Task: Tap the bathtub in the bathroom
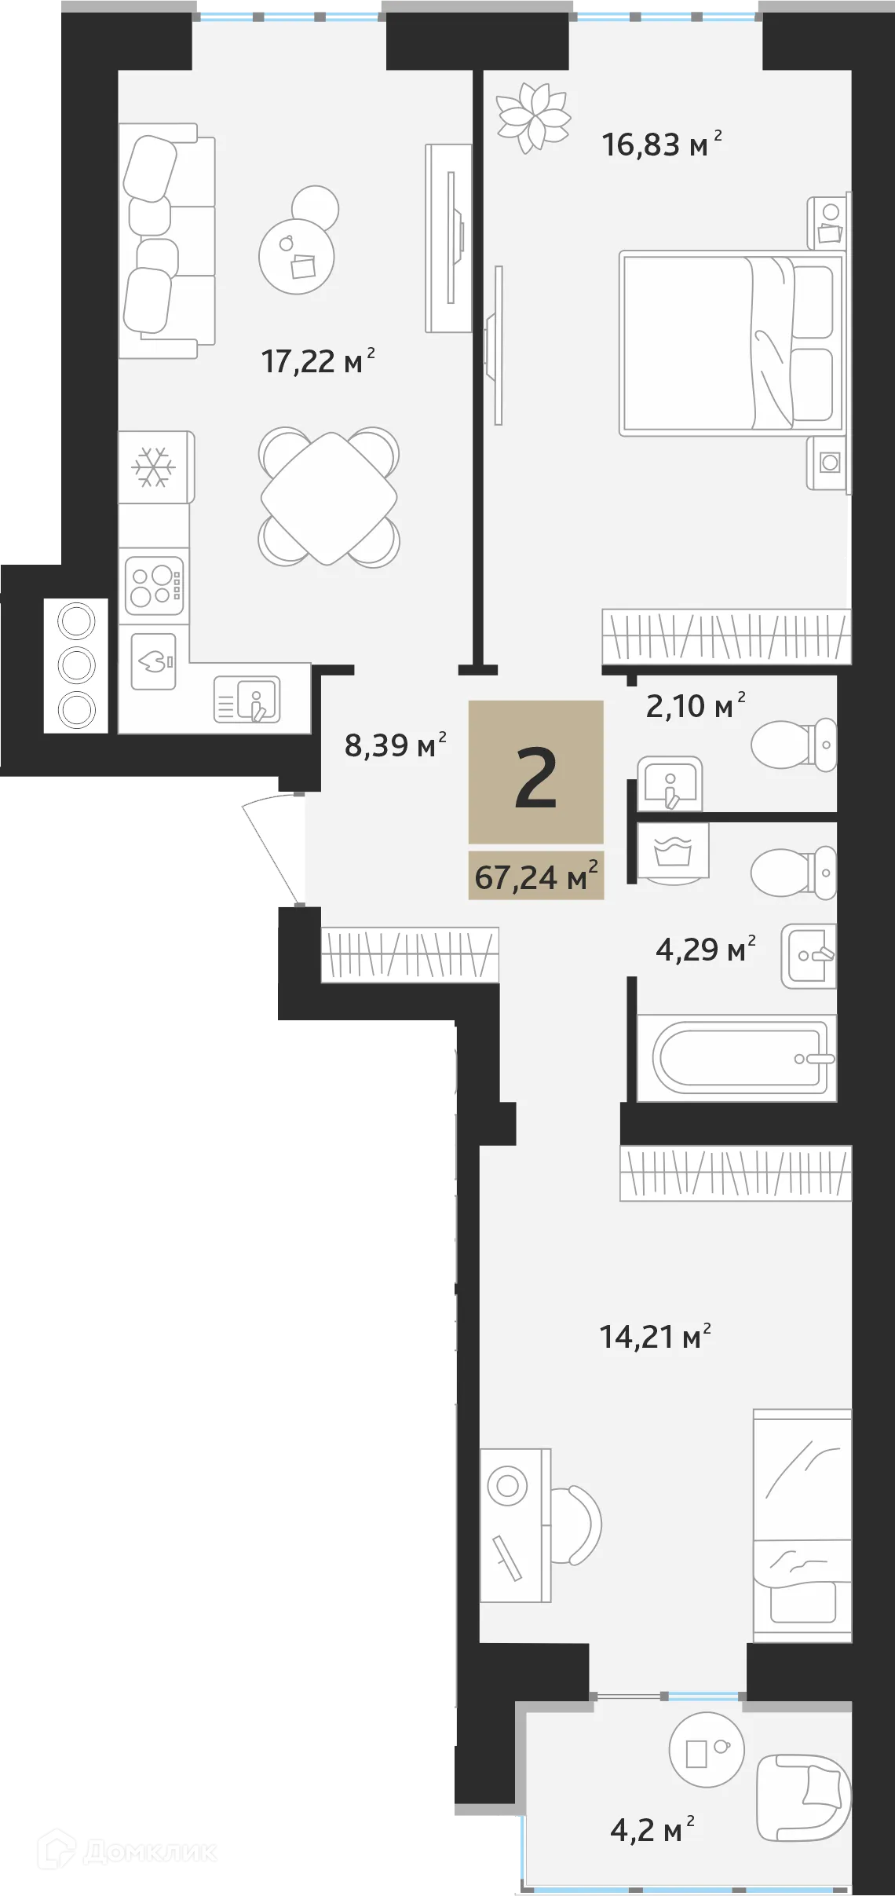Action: pyautogui.click(x=736, y=1057)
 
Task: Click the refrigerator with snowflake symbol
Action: pyautogui.click(x=155, y=467)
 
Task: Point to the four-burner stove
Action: pyautogui.click(x=155, y=586)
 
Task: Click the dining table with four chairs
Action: pyautogui.click(x=329, y=498)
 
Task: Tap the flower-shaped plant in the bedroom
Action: pyautogui.click(x=533, y=118)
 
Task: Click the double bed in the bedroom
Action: pyautogui.click(x=730, y=343)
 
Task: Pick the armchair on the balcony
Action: pyautogui.click(x=803, y=1798)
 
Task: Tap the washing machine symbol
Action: pyautogui.click(x=673, y=851)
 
